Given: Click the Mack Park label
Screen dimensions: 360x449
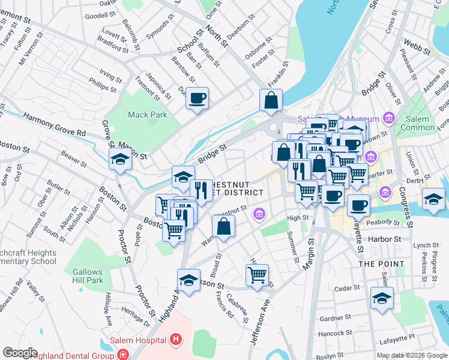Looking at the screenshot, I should [145, 114].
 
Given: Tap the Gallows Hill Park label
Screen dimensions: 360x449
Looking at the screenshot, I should [88, 276].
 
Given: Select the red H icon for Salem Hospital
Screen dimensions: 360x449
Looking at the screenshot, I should [175, 341].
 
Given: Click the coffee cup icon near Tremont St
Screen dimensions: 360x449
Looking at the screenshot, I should [196, 98].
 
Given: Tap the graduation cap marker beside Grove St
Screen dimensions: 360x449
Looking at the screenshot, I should [120, 160].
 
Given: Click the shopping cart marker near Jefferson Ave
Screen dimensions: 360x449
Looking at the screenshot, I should [257, 275].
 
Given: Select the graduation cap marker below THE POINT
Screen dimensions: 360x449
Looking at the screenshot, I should [382, 298].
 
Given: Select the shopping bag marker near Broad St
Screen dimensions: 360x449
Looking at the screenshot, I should [223, 227].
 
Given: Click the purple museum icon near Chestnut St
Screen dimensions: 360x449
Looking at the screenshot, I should [259, 213].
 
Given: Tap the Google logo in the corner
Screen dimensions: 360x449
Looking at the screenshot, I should [20, 353].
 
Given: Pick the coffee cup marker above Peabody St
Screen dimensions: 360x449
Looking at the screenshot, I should [358, 205].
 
